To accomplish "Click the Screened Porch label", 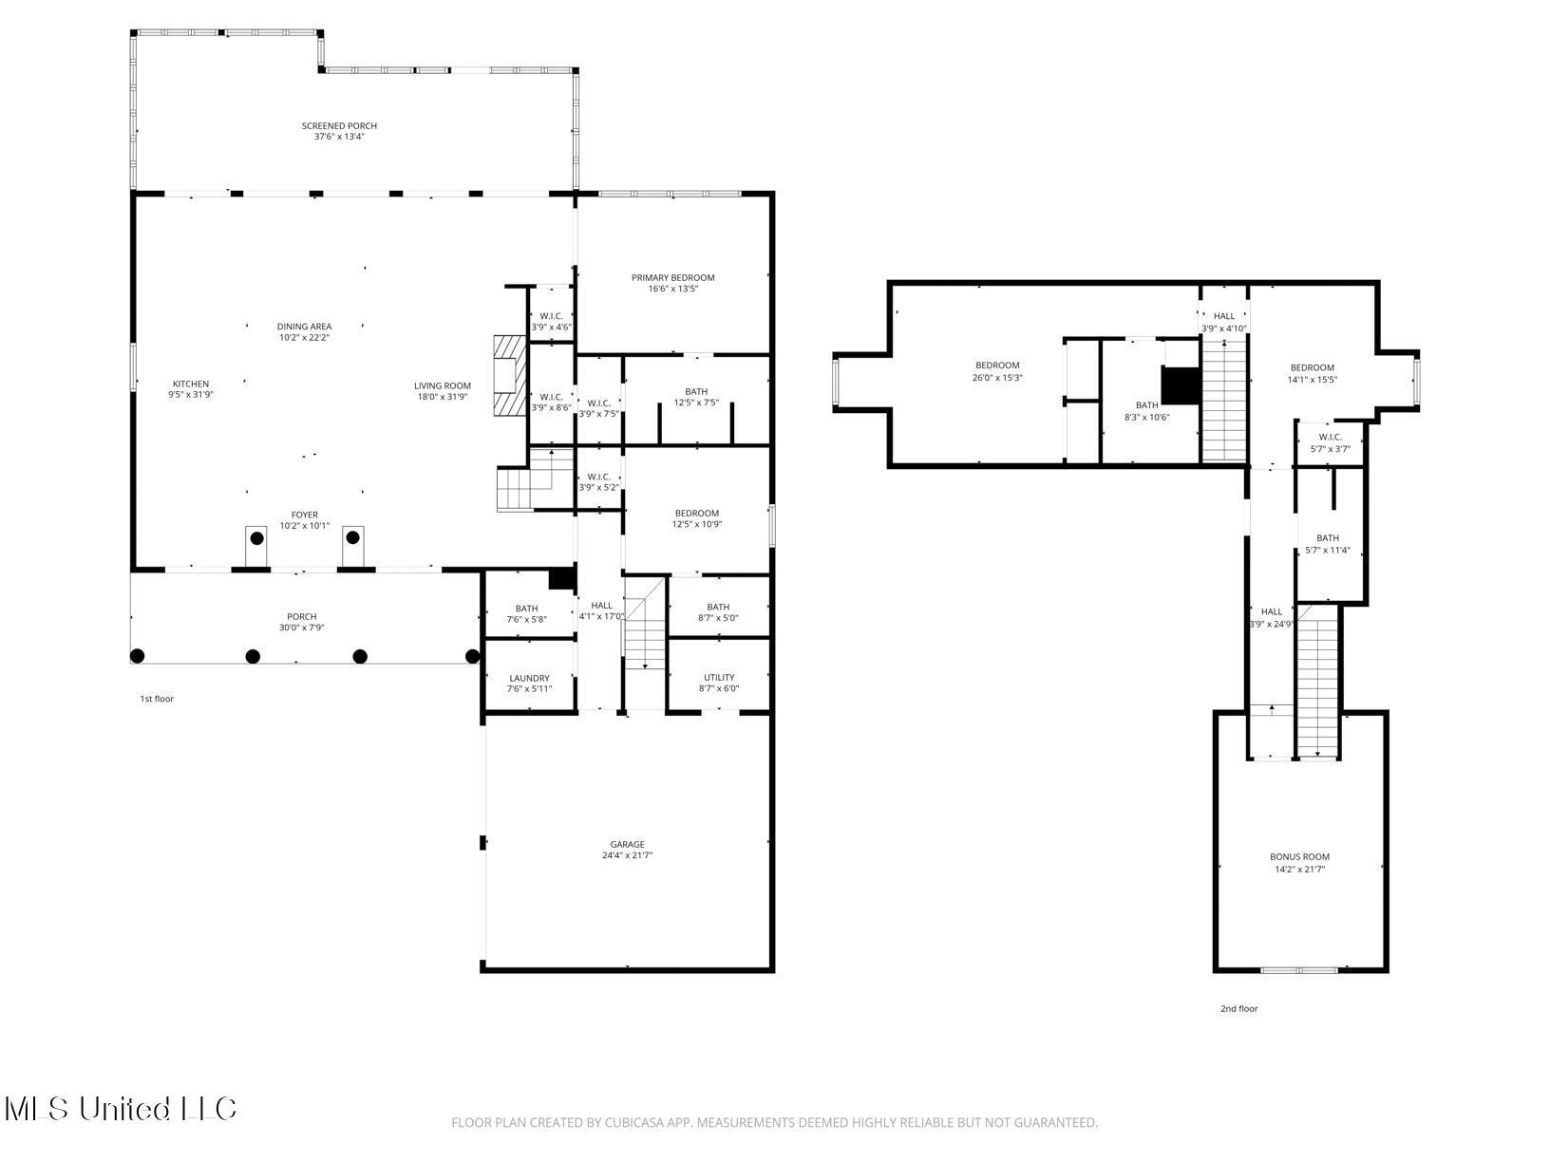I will (339, 126).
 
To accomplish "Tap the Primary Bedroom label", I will (672, 278).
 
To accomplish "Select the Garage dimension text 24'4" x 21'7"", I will (627, 855).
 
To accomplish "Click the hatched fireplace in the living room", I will (509, 375).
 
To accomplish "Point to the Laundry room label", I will (529, 678).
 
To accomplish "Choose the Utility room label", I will (718, 678).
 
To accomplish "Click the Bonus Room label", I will (1299, 857).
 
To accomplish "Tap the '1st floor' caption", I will (157, 699).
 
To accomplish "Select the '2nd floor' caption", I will (1238, 1009).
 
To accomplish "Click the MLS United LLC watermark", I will (120, 1109).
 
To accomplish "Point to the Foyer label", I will (304, 515).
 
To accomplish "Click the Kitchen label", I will (190, 384).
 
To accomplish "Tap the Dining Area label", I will (304, 327).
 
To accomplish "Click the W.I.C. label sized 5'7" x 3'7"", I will (1330, 438).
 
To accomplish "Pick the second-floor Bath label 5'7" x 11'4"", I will (1327, 538).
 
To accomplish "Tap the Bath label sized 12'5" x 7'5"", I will (696, 391).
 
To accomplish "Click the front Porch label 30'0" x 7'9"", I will (301, 617).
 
